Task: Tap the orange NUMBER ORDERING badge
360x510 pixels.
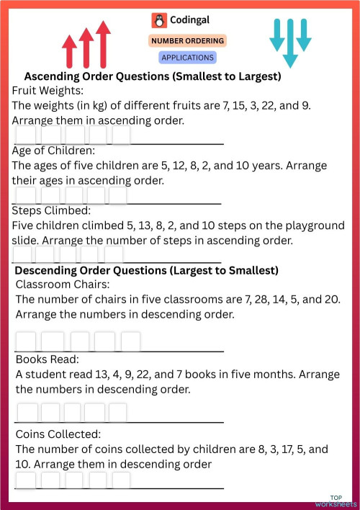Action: [187, 41]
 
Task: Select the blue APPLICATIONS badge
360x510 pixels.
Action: [187, 57]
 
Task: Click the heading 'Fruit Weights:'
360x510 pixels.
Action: [48, 91]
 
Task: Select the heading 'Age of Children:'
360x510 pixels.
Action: [53, 151]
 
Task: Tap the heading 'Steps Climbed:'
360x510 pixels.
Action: [51, 211]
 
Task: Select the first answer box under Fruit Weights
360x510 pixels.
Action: [26, 135]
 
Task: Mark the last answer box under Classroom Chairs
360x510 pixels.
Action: [130, 341]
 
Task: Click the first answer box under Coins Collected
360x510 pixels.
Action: [26, 480]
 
